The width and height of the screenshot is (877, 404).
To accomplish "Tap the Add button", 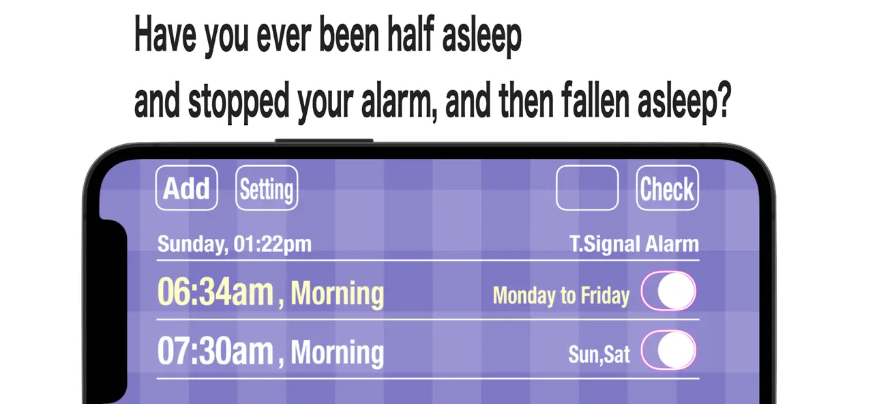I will pyautogui.click(x=186, y=188).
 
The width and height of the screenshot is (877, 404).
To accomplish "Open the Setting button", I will pyautogui.click(x=267, y=188).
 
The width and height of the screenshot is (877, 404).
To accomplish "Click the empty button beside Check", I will pyautogui.click(x=587, y=188).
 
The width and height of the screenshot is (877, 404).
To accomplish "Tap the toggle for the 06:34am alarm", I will pyautogui.click(x=668, y=292).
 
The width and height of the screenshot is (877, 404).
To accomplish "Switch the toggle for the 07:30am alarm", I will pyautogui.click(x=668, y=351).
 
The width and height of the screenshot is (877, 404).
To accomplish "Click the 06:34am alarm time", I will pyautogui.click(x=215, y=293).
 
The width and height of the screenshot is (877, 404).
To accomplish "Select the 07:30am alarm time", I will pyautogui.click(x=215, y=351).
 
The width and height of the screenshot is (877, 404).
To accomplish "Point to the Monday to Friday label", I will pyautogui.click(x=561, y=295).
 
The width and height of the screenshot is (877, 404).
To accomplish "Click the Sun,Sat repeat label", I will pyautogui.click(x=599, y=354).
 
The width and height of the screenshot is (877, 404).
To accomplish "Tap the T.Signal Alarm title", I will pyautogui.click(x=634, y=244).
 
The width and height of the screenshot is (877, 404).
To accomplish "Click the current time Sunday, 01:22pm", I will pyautogui.click(x=234, y=244).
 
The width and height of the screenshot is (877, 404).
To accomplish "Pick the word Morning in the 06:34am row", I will pyautogui.click(x=338, y=293).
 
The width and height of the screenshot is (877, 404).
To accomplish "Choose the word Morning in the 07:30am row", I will pyautogui.click(x=338, y=353).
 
